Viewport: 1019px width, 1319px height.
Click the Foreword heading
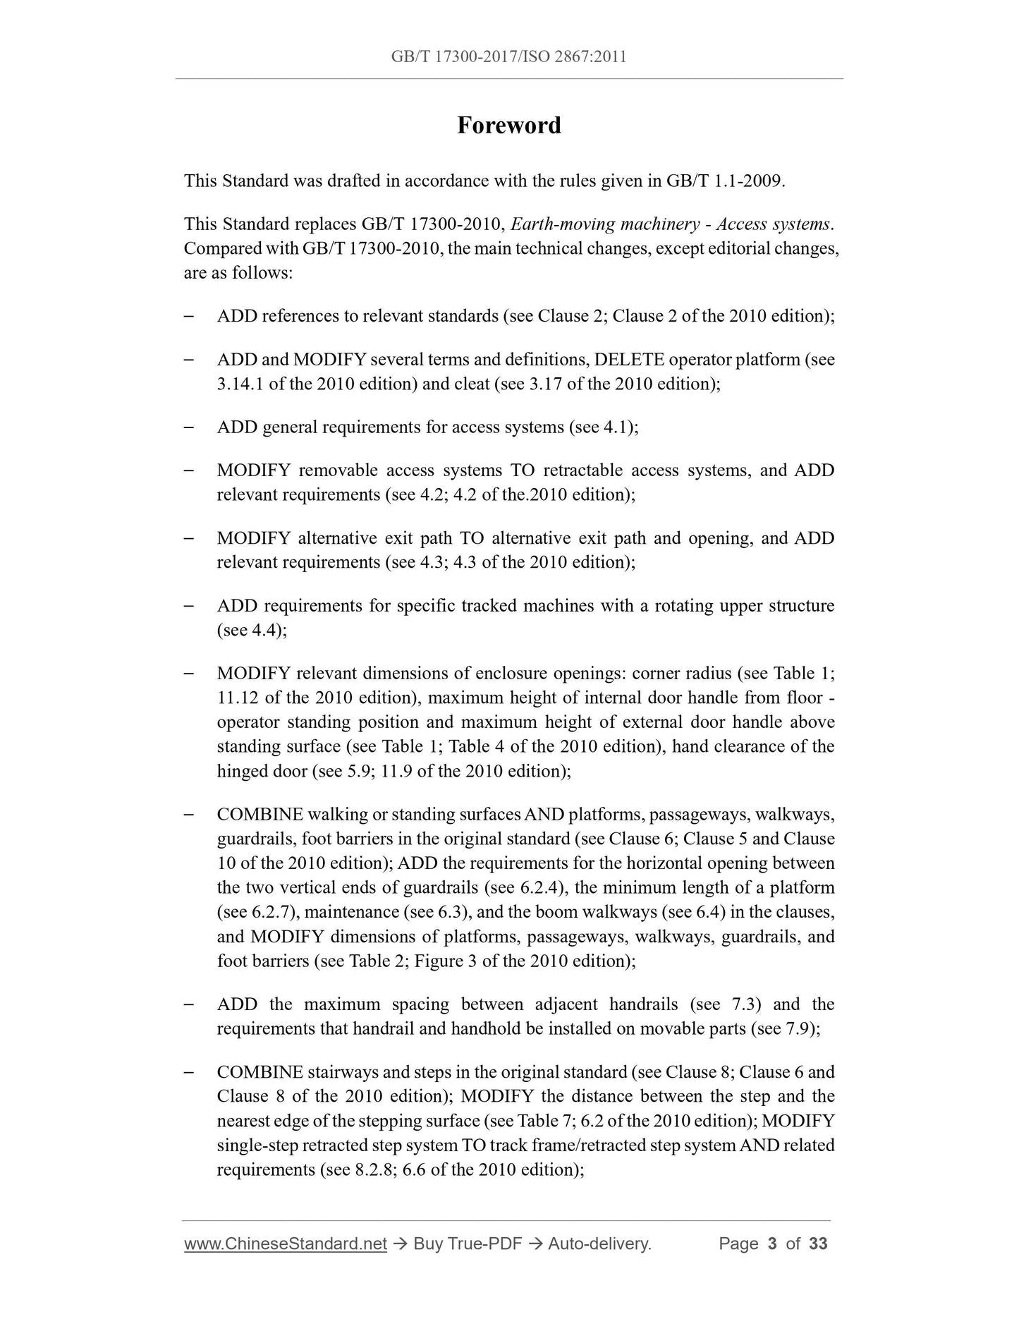508,126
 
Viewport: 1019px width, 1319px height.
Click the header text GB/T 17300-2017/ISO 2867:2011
508,56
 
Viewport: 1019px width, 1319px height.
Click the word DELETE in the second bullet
629,360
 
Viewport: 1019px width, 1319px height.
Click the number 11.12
238,698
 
